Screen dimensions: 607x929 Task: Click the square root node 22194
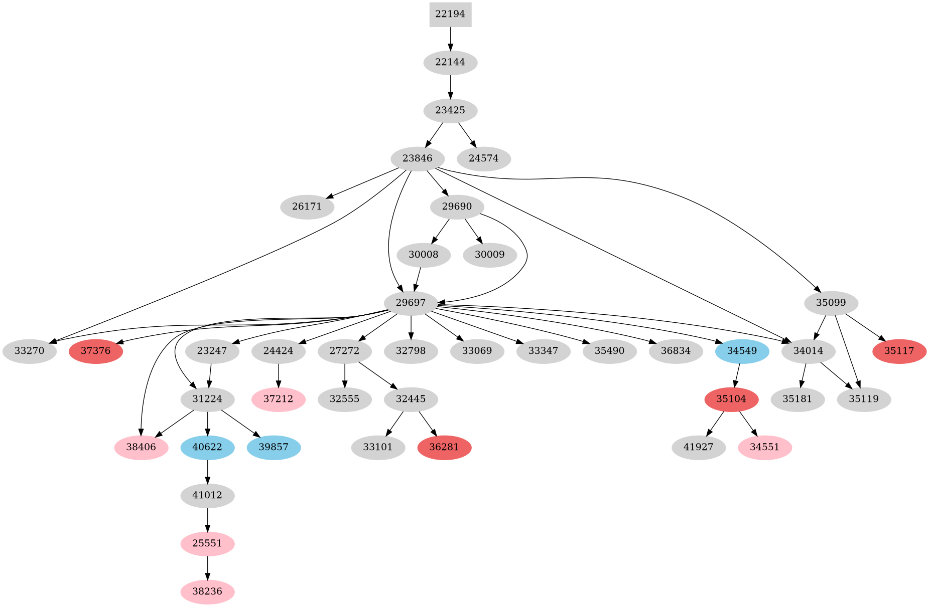point(450,15)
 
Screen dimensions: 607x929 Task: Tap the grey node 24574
point(484,159)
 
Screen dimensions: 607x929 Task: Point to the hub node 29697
point(411,303)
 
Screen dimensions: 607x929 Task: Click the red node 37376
point(96,351)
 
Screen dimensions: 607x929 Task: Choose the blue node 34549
point(742,351)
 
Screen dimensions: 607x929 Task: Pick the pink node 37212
point(279,399)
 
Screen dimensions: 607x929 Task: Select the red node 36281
point(444,447)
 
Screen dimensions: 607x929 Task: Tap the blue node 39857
point(274,447)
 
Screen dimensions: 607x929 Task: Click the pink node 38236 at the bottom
point(207,592)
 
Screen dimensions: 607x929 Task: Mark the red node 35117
point(899,351)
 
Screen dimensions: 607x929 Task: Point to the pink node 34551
point(765,447)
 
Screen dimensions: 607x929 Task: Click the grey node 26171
point(307,207)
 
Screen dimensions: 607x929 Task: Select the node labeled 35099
point(831,303)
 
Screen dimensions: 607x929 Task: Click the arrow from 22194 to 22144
point(450,39)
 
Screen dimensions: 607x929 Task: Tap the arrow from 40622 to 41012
point(207,471)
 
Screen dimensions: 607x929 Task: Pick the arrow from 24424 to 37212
point(279,375)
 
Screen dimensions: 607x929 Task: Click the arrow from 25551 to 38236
point(207,567)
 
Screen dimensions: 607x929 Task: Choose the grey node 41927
point(699,447)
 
